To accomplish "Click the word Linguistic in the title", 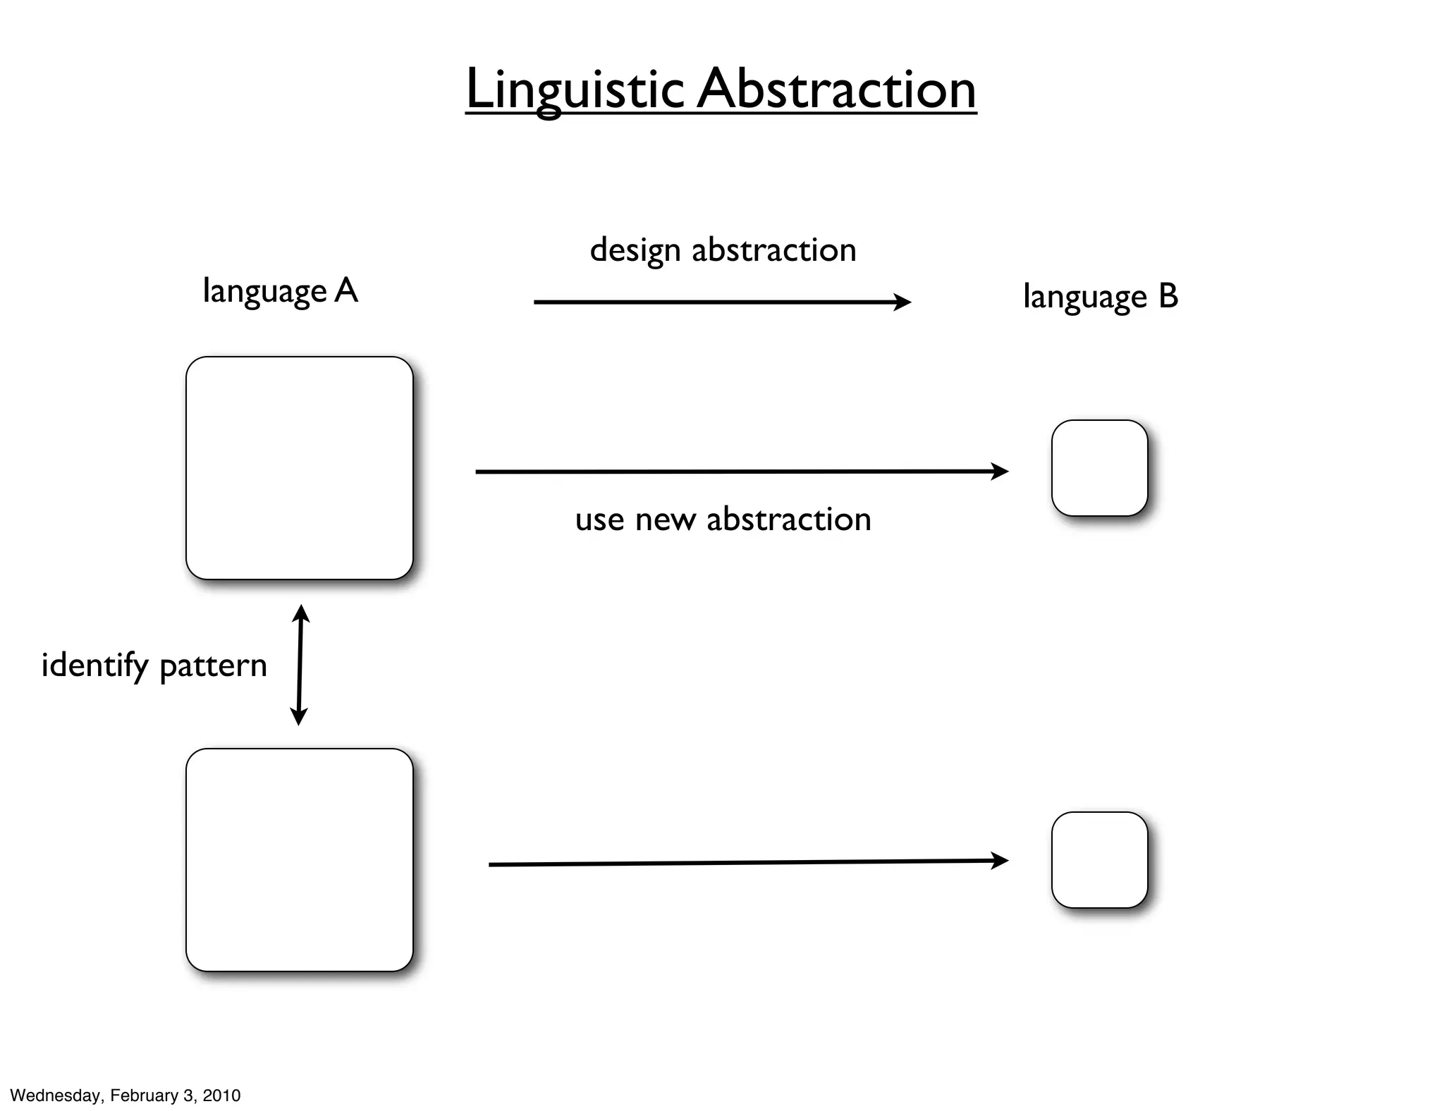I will pyautogui.click(x=575, y=90).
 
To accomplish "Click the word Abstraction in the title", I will pyautogui.click(x=837, y=90).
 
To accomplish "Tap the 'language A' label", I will pyautogui.click(x=280, y=291).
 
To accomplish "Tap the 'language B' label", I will pyautogui.click(x=1100, y=297).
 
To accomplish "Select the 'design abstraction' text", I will pyautogui.click(x=723, y=250).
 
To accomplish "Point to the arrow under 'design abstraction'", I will pyautogui.click(x=722, y=302).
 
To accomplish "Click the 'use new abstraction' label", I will pyautogui.click(x=723, y=520).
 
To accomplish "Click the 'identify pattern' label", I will pyautogui.click(x=154, y=665).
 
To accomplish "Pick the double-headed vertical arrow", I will pyautogui.click(x=300, y=665).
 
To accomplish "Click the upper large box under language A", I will pyautogui.click(x=299, y=468).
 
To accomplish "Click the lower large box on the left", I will pyautogui.click(x=299, y=860).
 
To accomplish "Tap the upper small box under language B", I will pyautogui.click(x=1099, y=468).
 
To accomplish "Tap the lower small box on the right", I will pyautogui.click(x=1099, y=860).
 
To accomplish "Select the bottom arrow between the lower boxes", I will pyautogui.click(x=747, y=863).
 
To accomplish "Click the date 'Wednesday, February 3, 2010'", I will pyautogui.click(x=126, y=1095).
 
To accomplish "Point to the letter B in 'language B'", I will pyautogui.click(x=1168, y=296).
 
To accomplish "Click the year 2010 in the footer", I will pyautogui.click(x=221, y=1095).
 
